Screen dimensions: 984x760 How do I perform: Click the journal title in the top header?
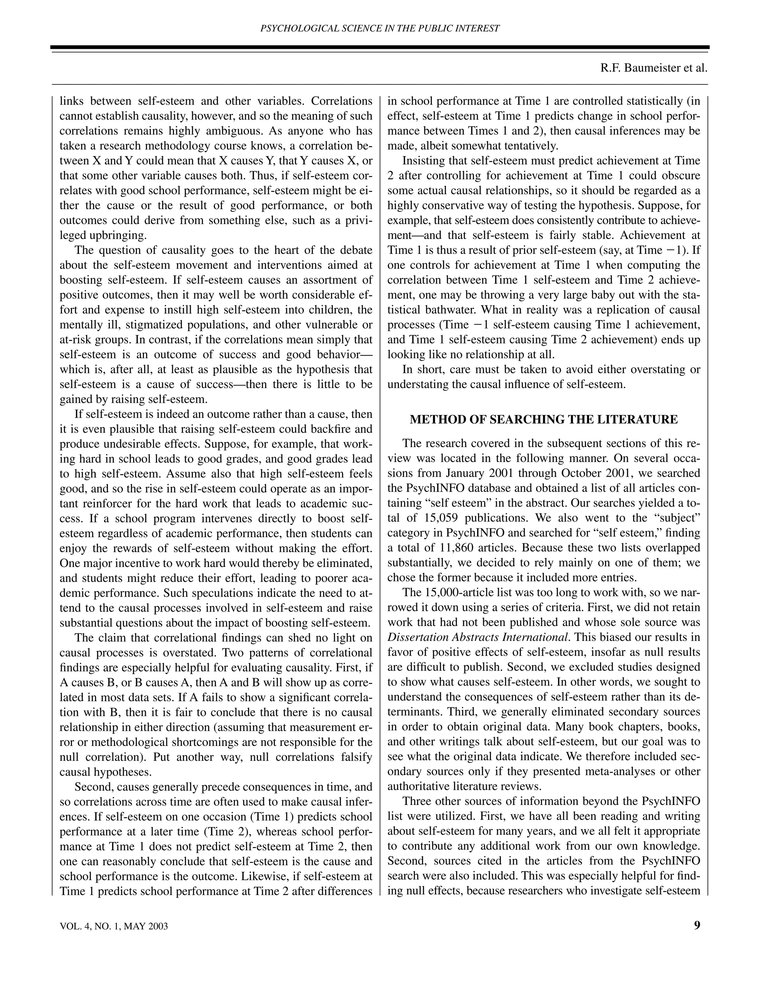(x=380, y=28)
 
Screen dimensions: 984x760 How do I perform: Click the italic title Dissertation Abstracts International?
(x=478, y=637)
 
